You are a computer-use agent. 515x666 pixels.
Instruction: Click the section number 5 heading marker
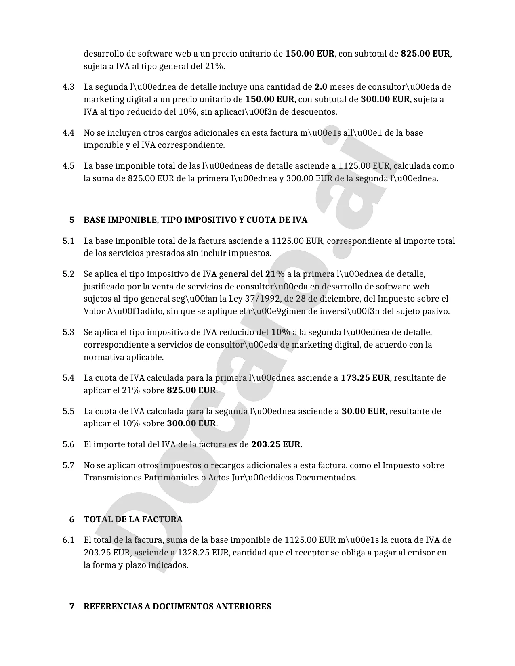[x=72, y=220]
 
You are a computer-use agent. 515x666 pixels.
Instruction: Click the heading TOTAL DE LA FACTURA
[x=133, y=519]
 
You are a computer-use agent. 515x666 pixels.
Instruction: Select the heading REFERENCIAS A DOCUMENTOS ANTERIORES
[x=177, y=607]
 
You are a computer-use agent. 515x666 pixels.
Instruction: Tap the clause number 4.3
[x=68, y=87]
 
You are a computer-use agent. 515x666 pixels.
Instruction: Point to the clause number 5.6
[x=68, y=444]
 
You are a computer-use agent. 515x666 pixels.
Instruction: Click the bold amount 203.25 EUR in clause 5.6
[x=276, y=444]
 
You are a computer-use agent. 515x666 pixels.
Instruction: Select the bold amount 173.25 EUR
[x=366, y=378]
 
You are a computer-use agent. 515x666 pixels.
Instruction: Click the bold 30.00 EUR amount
[x=364, y=411]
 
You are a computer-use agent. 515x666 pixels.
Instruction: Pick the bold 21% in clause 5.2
[x=275, y=274]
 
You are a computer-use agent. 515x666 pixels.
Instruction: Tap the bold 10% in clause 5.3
[x=281, y=332]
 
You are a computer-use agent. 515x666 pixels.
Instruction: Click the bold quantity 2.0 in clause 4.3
[x=321, y=87]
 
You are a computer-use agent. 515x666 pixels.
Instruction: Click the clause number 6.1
[x=68, y=540]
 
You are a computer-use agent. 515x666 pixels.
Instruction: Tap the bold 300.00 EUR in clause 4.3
[x=385, y=99]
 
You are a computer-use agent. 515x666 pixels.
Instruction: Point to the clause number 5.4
[x=68, y=378]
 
